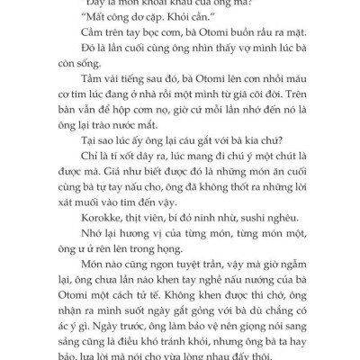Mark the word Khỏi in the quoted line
163,18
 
